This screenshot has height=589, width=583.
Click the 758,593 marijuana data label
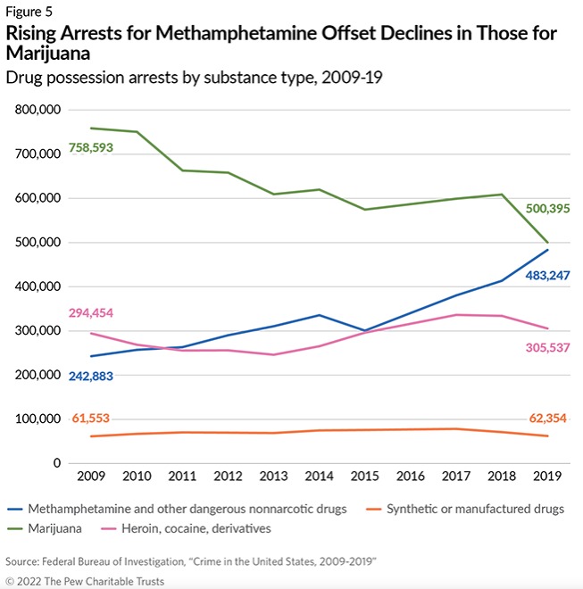(x=97, y=146)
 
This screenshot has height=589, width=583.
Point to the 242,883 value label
(x=97, y=376)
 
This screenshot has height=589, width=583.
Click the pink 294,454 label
(x=97, y=312)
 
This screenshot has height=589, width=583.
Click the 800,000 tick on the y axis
(x=35, y=110)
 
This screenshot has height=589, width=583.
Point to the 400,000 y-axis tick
(x=35, y=286)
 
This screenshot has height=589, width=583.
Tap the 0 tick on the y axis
(x=55, y=463)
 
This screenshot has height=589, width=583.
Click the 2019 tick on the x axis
(x=547, y=477)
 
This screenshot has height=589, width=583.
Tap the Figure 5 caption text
(x=30, y=12)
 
